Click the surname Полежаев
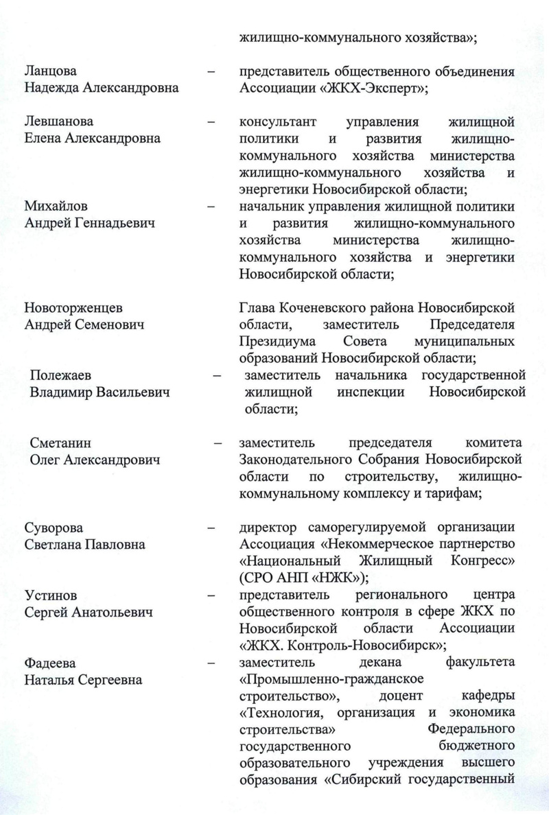click(x=60, y=375)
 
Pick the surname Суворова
click(x=54, y=528)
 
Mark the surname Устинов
click(x=52, y=595)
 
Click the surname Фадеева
click(x=51, y=663)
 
